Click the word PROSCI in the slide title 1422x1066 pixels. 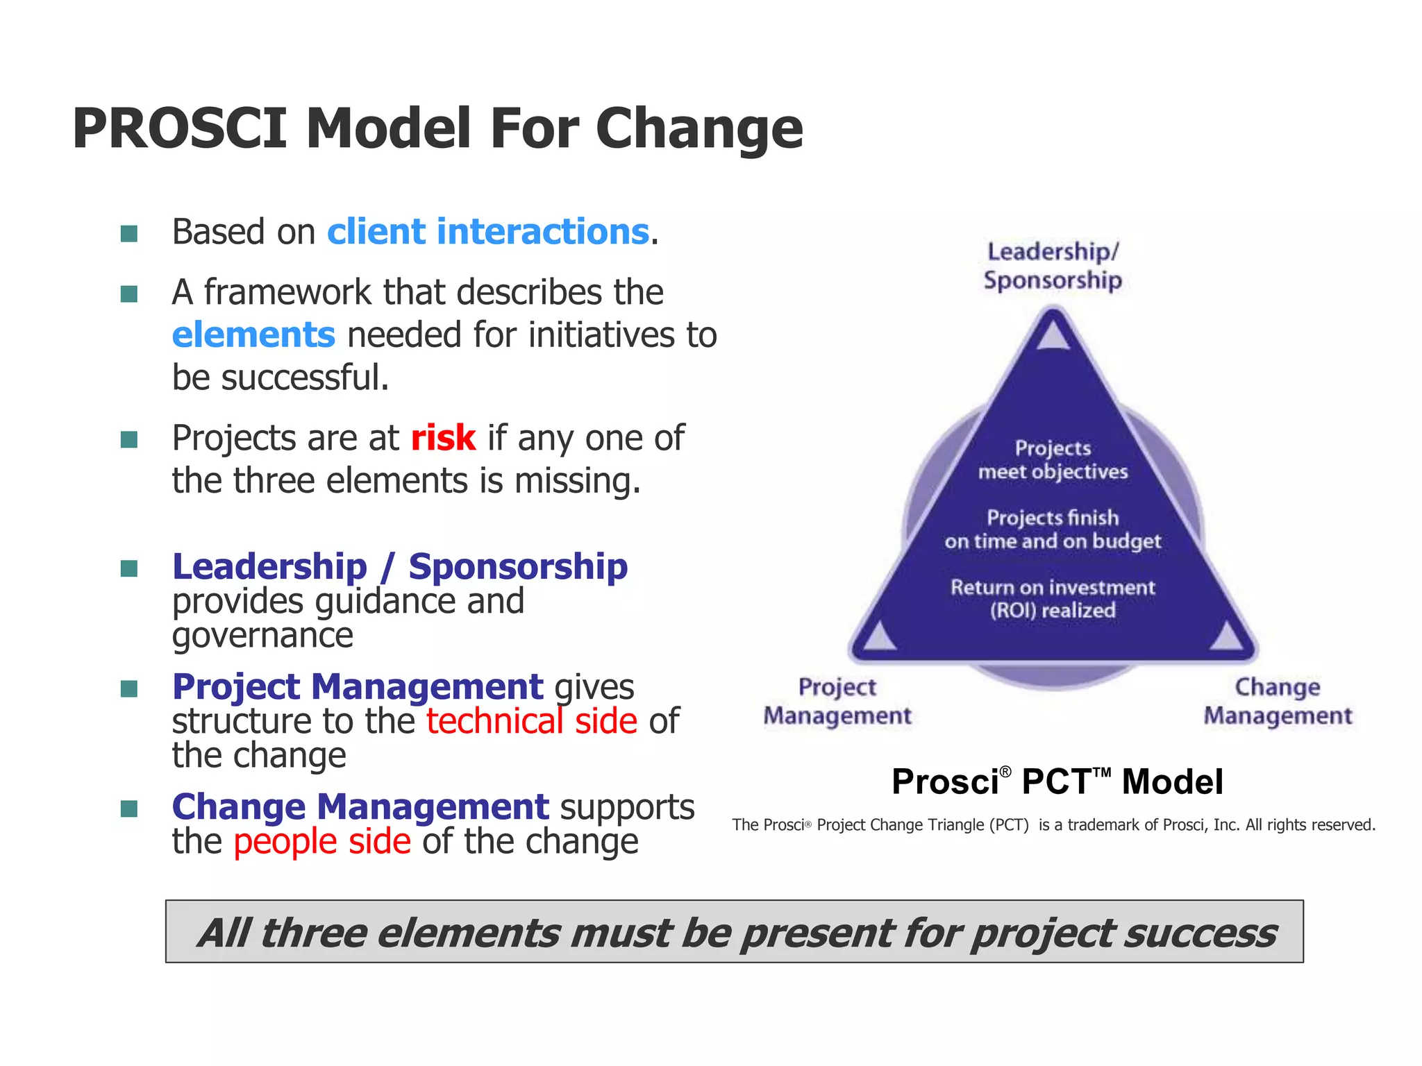[179, 129]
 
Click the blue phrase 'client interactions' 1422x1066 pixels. [488, 232]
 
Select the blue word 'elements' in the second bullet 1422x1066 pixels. [253, 335]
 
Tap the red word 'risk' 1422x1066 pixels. [443, 439]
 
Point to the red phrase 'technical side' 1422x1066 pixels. [531, 721]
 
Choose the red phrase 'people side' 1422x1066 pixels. [322, 842]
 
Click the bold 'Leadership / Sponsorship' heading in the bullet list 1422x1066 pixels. [400, 567]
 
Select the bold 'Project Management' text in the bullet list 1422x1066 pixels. [357, 687]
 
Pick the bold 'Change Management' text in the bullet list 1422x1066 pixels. [360, 807]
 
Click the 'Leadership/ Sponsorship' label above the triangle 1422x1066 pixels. [1053, 266]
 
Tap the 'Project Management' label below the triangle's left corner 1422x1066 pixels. [837, 701]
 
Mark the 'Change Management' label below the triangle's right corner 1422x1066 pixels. [1278, 701]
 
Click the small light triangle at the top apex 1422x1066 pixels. [1053, 335]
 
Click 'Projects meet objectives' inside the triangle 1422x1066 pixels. [1053, 460]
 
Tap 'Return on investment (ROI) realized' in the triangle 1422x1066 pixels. [1053, 599]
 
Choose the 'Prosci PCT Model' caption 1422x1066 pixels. [1057, 781]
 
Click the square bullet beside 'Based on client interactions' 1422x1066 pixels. [129, 233]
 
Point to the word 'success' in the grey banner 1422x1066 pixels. [1200, 933]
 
